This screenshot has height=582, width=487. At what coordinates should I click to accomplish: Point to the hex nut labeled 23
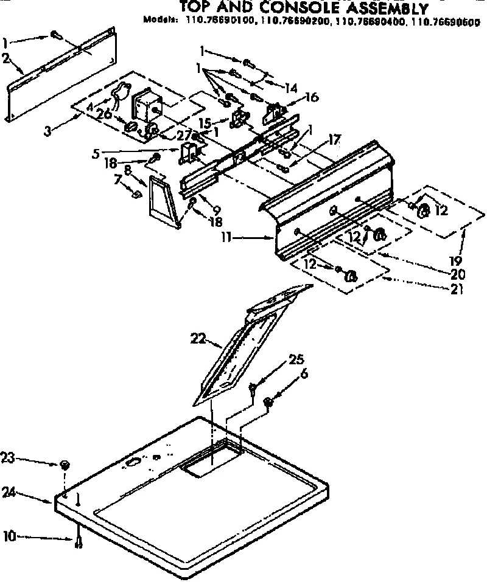pyautogui.click(x=65, y=465)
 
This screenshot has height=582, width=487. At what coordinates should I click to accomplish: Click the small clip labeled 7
pyautogui.click(x=138, y=194)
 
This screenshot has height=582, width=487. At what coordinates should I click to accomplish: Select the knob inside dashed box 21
pyautogui.click(x=350, y=276)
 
